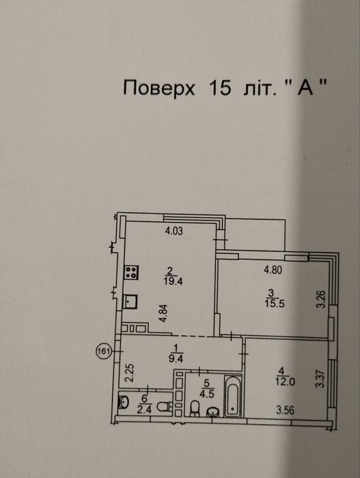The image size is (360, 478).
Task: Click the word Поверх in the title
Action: tap(158, 88)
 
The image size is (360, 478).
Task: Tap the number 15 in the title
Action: tap(220, 88)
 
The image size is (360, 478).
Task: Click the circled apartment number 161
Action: tap(103, 351)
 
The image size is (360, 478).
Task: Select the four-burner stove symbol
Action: tap(132, 272)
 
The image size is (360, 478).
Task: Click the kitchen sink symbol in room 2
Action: tap(130, 302)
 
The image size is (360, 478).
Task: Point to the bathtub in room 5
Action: tap(233, 396)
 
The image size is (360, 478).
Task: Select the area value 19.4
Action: tap(174, 281)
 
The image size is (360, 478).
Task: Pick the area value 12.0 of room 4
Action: tap(286, 382)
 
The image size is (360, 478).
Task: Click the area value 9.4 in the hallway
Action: tap(176, 358)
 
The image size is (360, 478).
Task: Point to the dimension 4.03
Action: tap(174, 231)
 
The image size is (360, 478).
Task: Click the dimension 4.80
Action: tap(273, 270)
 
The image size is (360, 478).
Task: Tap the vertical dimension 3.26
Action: tap(323, 300)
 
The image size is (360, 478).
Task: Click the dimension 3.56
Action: tap(286, 410)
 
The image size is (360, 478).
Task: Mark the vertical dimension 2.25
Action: tap(129, 373)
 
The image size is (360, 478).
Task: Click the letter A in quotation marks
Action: tap(306, 88)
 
